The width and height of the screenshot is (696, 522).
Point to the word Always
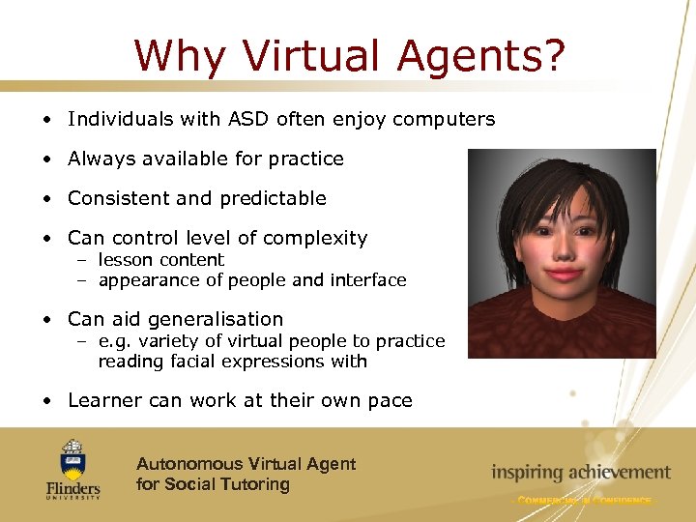point(99,159)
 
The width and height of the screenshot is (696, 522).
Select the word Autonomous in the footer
point(189,464)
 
